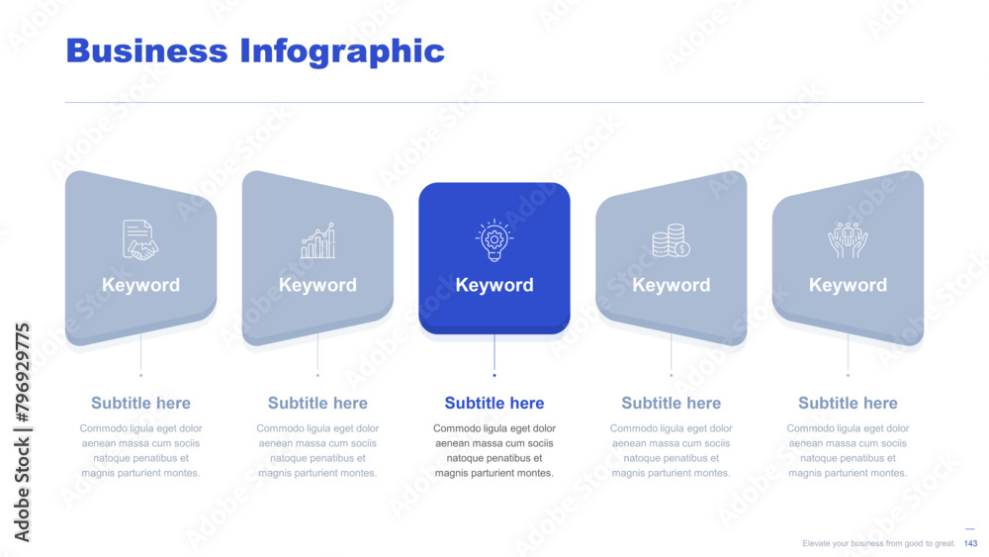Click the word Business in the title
146,50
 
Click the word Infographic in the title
342,52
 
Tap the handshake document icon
140,239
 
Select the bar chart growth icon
317,240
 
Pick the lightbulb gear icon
494,239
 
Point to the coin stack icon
671,240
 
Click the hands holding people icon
848,239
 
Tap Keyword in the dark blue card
494,285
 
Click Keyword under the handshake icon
140,285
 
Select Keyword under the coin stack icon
672,285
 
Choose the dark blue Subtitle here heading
494,403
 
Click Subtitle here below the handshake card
140,403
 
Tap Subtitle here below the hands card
848,403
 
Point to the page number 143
971,543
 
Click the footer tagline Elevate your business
878,543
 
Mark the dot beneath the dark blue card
494,375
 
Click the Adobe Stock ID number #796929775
22,373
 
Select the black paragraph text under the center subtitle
494,450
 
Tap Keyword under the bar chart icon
317,285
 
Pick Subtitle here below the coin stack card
672,403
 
